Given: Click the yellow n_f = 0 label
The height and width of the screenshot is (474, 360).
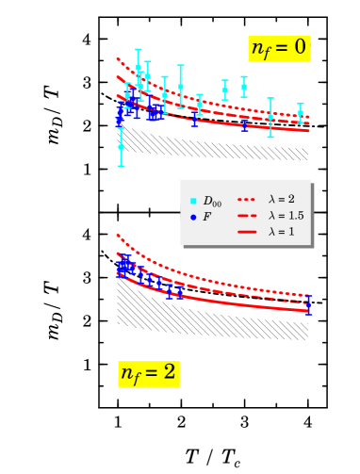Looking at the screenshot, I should [279, 48].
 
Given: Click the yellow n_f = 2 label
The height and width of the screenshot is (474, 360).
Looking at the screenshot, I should [148, 373].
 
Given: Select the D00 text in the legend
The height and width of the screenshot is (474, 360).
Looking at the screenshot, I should [212, 201].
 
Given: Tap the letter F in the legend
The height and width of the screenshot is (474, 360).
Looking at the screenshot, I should [207, 217].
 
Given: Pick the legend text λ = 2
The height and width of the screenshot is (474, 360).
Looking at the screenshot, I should [281, 200].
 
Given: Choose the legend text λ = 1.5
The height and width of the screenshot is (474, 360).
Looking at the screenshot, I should [286, 216].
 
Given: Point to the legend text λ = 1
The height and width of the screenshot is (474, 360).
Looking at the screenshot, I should [281, 232].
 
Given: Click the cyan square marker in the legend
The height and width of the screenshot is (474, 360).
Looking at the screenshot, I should [193, 201].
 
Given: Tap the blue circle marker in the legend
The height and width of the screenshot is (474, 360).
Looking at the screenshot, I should [193, 217].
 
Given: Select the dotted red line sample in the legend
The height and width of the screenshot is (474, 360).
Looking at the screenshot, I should [247, 200].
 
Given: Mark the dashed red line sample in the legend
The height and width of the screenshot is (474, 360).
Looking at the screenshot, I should [247, 216].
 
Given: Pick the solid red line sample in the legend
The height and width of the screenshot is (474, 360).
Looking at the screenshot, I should [247, 232].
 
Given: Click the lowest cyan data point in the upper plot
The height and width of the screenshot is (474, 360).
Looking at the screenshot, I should [121, 147].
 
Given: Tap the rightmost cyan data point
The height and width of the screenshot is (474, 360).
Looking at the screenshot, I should [300, 113].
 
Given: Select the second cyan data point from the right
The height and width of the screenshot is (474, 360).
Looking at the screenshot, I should [270, 117].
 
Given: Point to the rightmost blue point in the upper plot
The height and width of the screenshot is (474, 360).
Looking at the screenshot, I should [244, 123].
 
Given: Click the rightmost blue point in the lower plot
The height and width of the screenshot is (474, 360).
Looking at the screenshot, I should [307, 303].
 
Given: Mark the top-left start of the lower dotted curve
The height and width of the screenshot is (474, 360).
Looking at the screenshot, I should [118, 236].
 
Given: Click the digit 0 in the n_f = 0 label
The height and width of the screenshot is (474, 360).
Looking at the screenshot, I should [299, 48].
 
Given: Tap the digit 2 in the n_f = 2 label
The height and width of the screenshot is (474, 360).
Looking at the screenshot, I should [169, 373].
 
